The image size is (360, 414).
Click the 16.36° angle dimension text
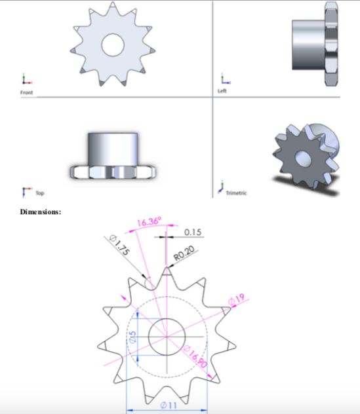[148, 222]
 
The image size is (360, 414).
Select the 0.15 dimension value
[193, 232]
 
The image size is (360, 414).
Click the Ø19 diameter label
[236, 299]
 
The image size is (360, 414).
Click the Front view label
[26, 93]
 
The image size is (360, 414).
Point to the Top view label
[40, 193]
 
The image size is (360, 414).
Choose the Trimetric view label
[235, 193]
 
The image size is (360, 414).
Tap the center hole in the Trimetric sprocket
[303, 158]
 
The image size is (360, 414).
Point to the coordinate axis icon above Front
[25, 81]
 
